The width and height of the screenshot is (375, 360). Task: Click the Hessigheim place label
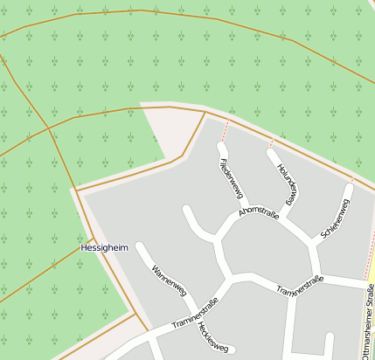pyautogui.click(x=104, y=247)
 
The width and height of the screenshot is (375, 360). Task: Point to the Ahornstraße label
pyautogui.click(x=258, y=214)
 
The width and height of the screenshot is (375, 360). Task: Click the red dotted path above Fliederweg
pyautogui.click(x=226, y=130)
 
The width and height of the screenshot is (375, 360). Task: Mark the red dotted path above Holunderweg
pyautogui.click(x=270, y=143)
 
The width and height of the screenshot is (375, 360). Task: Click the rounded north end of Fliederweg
pyautogui.click(x=221, y=147)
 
